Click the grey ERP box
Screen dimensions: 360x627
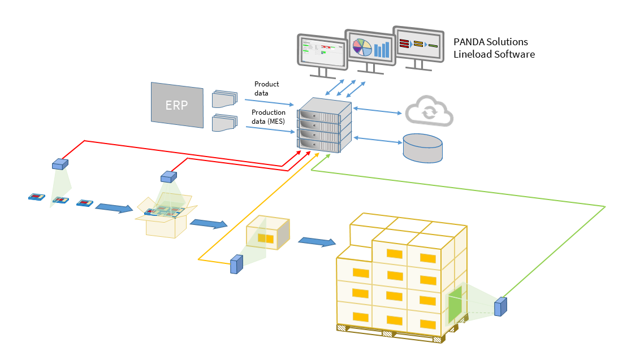(x=177, y=105)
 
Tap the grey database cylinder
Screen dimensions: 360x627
(x=422, y=149)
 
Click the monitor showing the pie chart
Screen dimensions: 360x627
(x=370, y=47)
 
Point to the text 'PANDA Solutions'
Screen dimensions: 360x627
(x=491, y=42)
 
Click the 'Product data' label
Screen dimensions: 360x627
(x=266, y=88)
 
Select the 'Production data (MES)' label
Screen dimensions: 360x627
(x=269, y=116)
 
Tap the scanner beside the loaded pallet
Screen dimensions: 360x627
(x=500, y=306)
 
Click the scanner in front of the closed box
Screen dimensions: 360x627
(x=236, y=264)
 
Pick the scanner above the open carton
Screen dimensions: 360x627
(x=168, y=176)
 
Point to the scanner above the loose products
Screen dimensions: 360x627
(x=59, y=164)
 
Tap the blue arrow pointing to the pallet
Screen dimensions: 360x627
(x=315, y=242)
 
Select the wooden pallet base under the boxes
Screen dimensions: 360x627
(x=390, y=333)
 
